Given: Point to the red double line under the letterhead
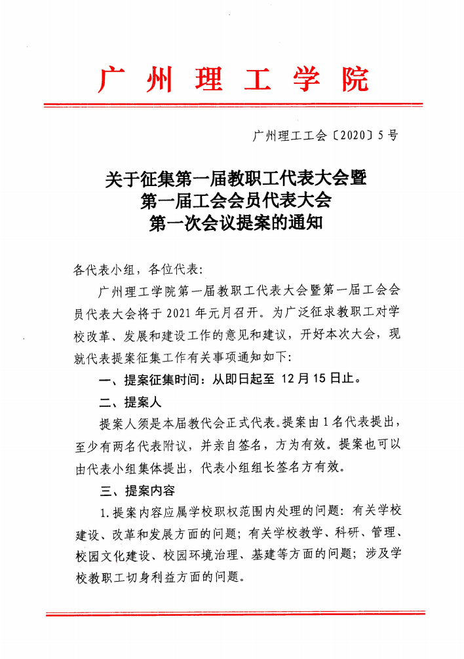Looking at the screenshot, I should pyautogui.click(x=233, y=105).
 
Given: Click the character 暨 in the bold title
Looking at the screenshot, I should pyautogui.click(x=357, y=178).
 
